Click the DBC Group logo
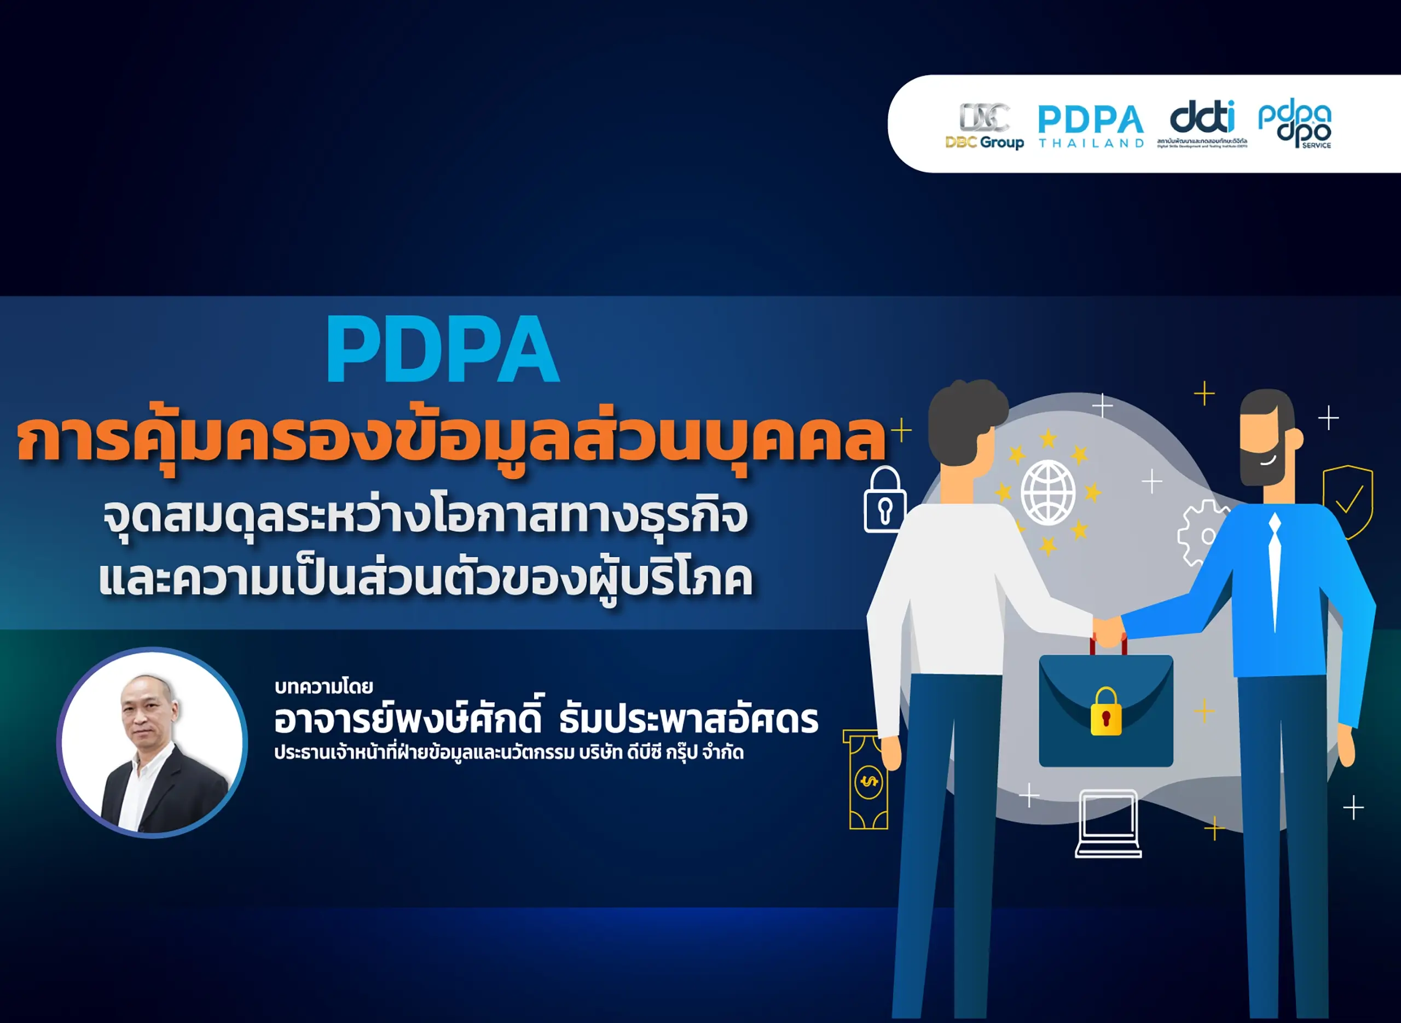pos(984,126)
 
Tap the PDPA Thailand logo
pos(1091,126)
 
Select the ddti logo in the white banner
pos(1202,124)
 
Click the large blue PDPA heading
pos(443,350)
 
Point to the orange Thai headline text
pos(451,440)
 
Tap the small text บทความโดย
pos(323,687)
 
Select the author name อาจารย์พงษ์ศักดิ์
pos(409,720)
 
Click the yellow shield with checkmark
pos(1348,500)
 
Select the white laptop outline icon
pos(1108,824)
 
